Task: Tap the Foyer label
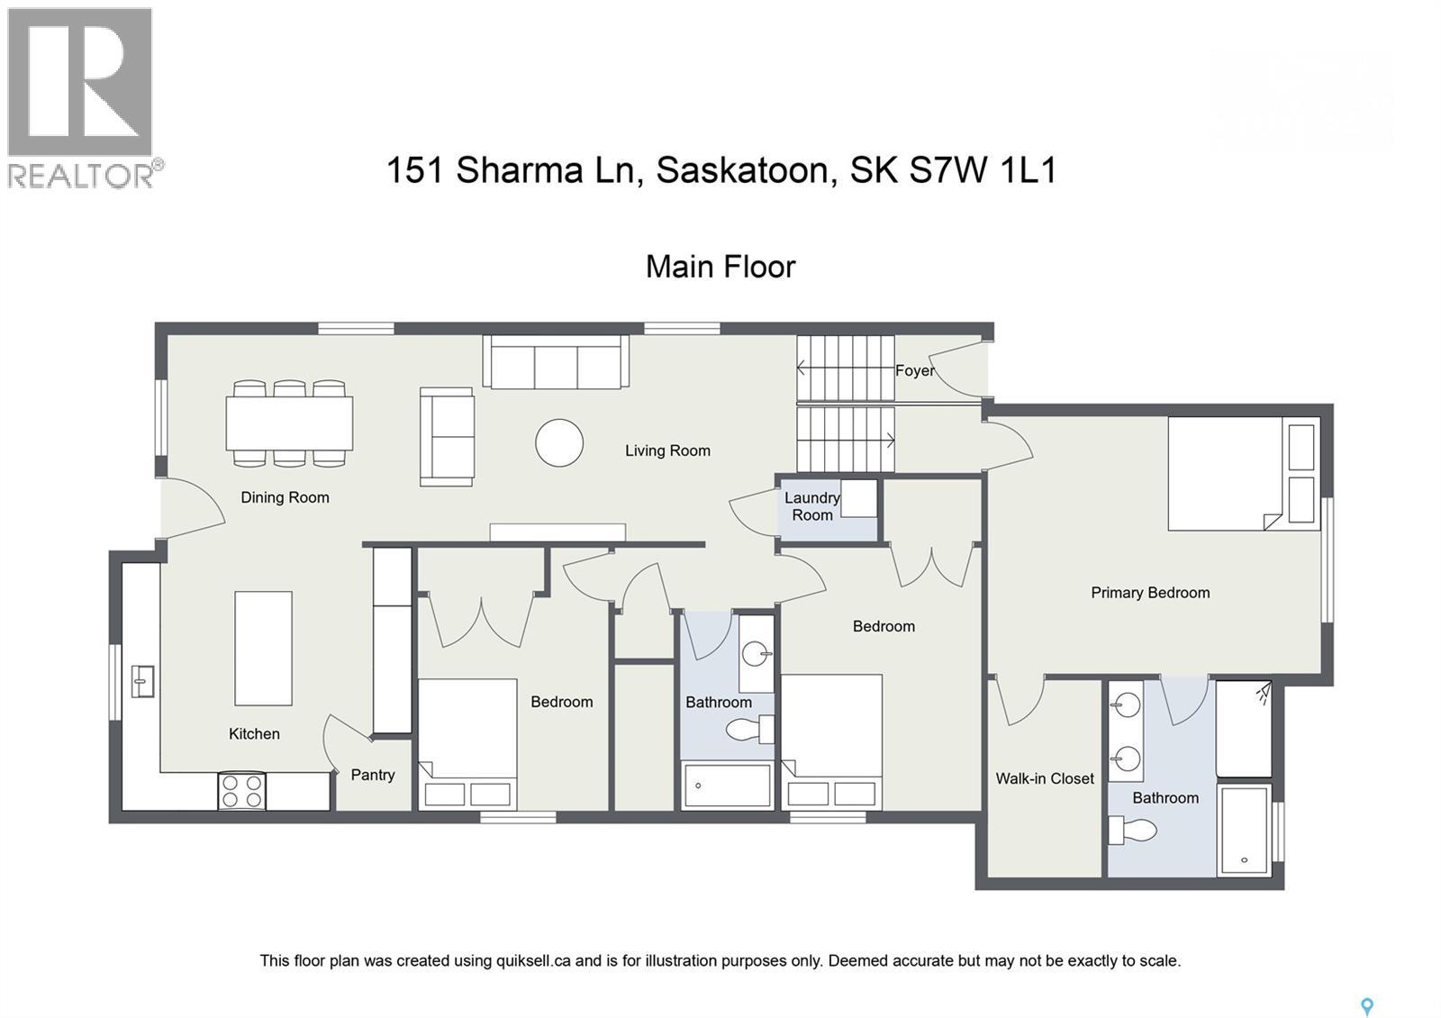point(913,370)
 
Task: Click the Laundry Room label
point(811,506)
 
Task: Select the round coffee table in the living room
point(558,442)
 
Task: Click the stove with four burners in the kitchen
point(242,791)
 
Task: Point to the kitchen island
point(263,648)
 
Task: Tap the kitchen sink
point(142,681)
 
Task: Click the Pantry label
point(372,775)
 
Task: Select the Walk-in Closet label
point(1044,778)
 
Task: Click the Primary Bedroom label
point(1149,593)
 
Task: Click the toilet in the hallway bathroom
point(748,730)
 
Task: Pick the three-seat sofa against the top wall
point(556,362)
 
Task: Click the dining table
point(288,423)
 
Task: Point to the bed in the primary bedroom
point(1234,473)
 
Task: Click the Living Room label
point(667,450)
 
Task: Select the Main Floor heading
point(720,267)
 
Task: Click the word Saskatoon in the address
point(742,169)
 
